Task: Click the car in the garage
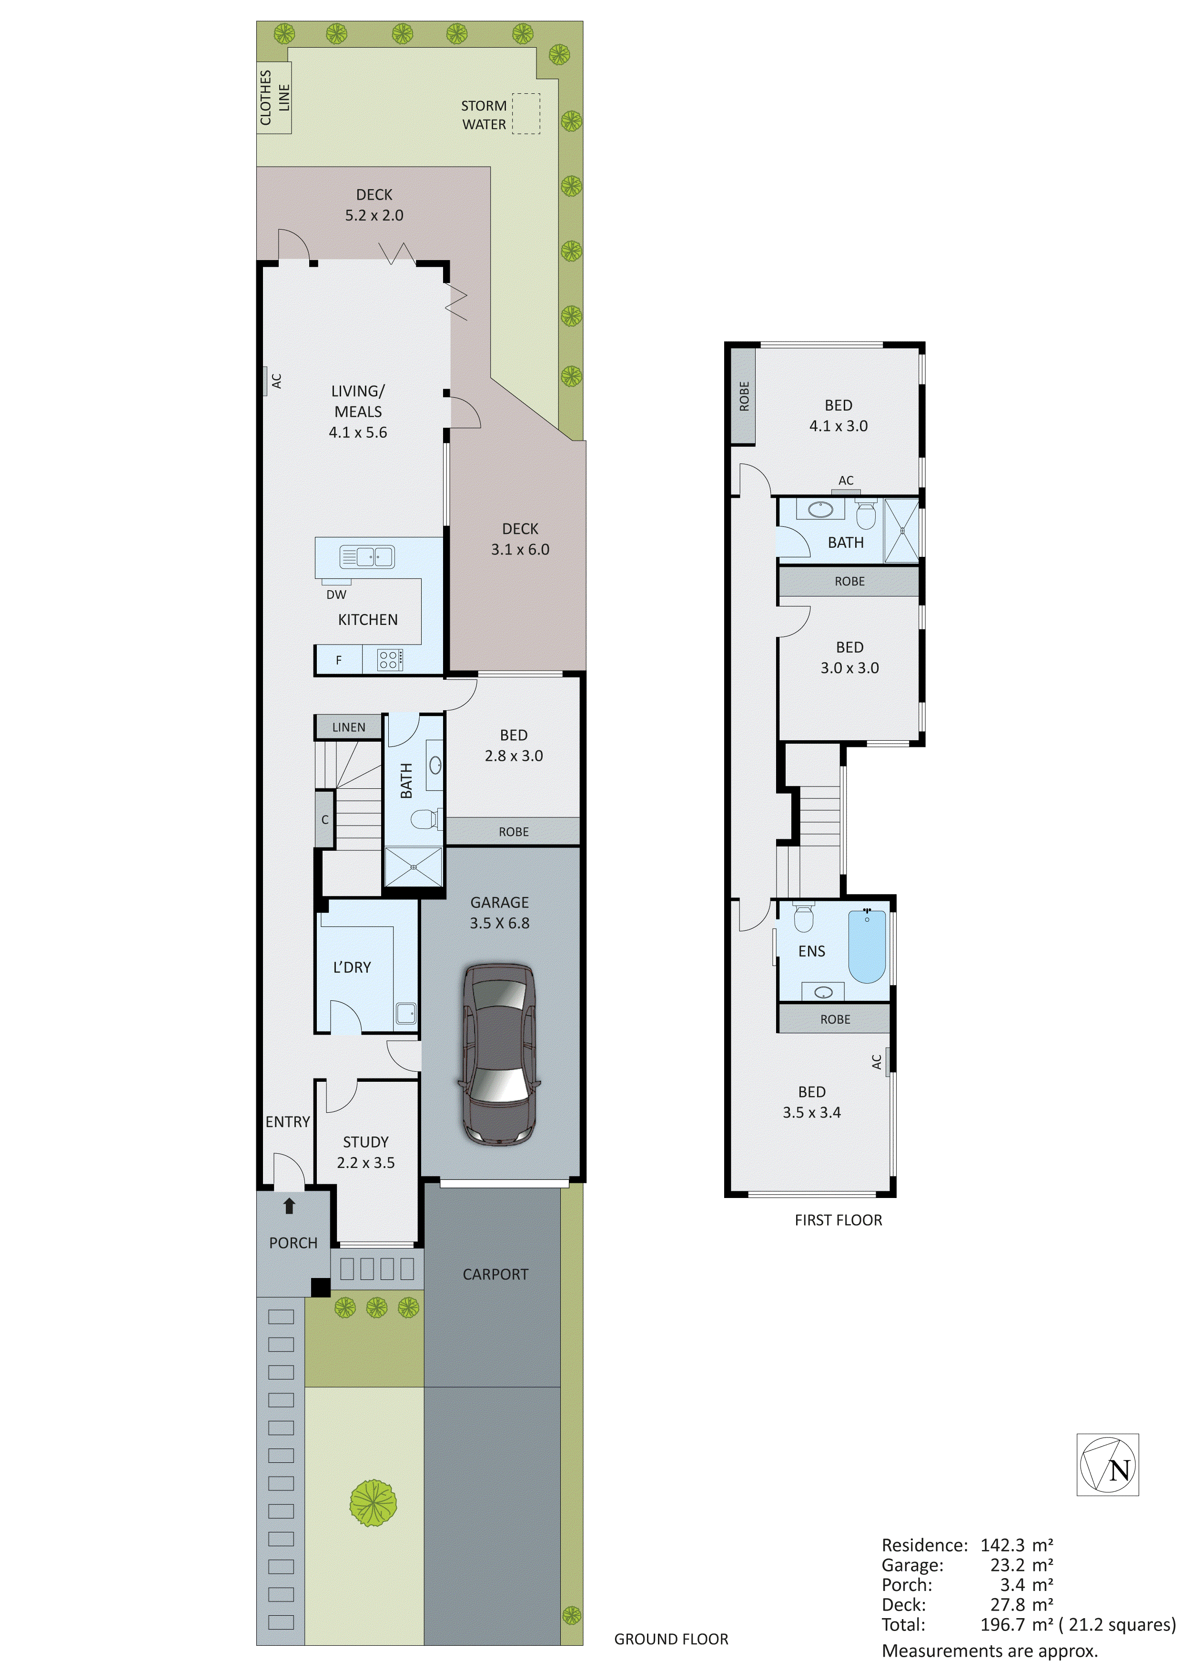(x=499, y=1055)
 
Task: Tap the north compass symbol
(x=1107, y=1465)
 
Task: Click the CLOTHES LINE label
(x=274, y=98)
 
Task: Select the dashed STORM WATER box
(x=525, y=113)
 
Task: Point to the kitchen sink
(x=367, y=557)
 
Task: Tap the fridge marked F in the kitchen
(x=338, y=661)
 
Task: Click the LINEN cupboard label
(x=349, y=727)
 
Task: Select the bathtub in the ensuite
(x=867, y=946)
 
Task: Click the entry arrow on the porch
(x=289, y=1206)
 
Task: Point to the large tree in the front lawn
(x=373, y=1504)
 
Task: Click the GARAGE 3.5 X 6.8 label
(x=499, y=913)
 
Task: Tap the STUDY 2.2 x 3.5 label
(x=365, y=1152)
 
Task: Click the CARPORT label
(x=495, y=1274)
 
